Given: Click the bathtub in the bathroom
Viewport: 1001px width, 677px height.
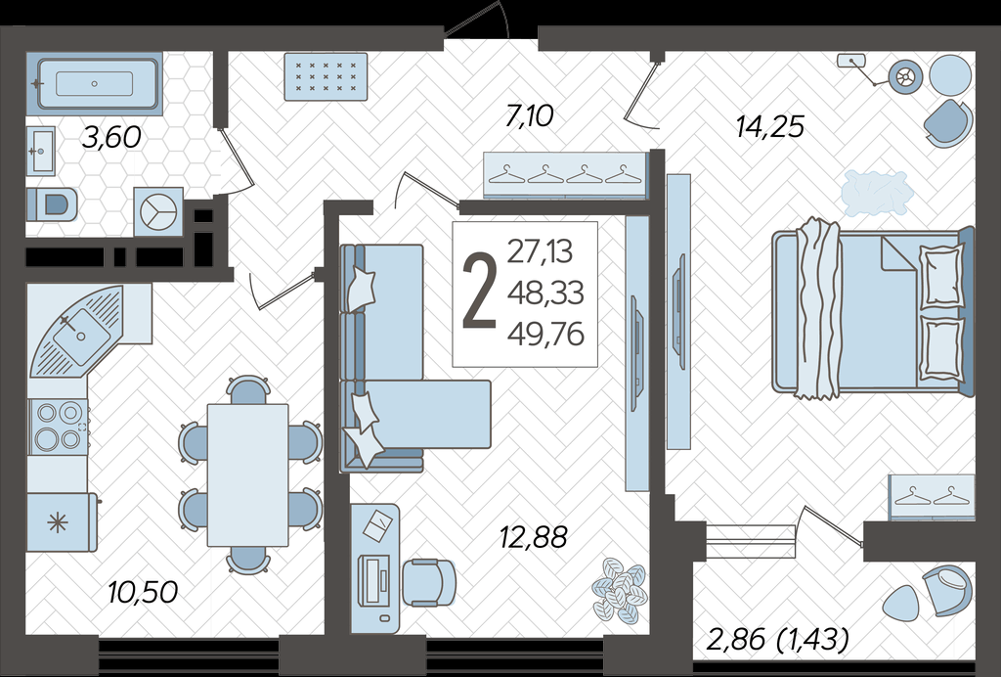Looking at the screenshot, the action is [95, 84].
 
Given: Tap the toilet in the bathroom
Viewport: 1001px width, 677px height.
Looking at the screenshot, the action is [53, 204].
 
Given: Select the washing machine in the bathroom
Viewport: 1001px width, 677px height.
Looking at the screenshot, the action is [158, 211].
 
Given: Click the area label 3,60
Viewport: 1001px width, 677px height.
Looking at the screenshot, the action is [111, 137].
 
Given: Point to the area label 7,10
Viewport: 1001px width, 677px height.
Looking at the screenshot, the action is [529, 116].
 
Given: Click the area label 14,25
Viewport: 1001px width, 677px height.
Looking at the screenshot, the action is [770, 126].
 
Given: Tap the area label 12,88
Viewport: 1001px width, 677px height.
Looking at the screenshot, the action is [533, 537].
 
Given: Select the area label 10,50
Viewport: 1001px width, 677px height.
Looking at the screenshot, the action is [143, 592].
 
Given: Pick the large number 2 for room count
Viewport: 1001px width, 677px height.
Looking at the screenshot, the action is [479, 292].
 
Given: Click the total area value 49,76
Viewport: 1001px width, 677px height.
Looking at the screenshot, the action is [545, 334].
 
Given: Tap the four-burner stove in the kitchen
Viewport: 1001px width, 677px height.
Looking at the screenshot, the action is [59, 426].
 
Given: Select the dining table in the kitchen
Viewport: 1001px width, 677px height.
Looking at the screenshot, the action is [247, 474].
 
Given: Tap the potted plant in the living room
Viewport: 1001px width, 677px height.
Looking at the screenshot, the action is [619, 591].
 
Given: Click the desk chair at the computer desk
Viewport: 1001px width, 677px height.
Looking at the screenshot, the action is [429, 582].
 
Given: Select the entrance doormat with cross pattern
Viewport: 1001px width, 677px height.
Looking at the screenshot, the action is [326, 76].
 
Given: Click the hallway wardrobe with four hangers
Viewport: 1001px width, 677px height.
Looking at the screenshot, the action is [566, 176].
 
